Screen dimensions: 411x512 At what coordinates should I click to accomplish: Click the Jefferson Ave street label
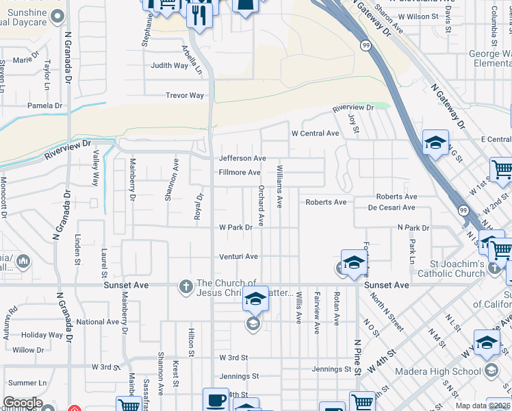coord(242,158)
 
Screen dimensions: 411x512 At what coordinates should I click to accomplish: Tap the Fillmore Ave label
coord(240,173)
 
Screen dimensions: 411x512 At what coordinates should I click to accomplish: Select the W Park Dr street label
coord(236,227)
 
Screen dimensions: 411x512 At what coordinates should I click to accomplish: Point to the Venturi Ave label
coord(238,257)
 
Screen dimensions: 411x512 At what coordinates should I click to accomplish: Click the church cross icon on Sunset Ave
coord(185,286)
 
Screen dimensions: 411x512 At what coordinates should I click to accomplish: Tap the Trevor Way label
coord(185,96)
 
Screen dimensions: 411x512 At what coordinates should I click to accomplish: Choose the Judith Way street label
coord(170,66)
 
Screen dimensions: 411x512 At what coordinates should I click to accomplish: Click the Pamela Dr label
coord(44,106)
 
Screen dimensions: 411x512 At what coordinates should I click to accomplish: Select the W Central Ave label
coord(315,134)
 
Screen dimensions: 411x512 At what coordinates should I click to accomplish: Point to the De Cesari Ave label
coord(392,208)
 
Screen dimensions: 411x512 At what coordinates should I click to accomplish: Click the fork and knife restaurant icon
coord(199,14)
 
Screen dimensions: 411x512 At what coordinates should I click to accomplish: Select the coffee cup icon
coord(216,399)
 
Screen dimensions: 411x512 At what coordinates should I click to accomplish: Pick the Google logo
coord(23,403)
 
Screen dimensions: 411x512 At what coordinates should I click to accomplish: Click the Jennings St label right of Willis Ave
coord(331,369)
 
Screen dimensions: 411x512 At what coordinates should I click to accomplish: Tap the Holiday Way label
coord(42,335)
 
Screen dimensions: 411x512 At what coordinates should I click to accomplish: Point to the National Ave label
coord(98,322)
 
